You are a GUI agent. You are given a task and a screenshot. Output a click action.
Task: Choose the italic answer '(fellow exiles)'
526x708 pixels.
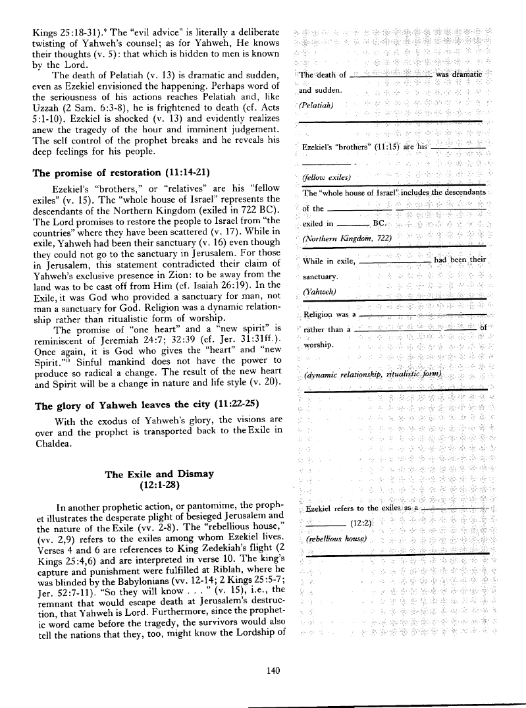click(x=327, y=177)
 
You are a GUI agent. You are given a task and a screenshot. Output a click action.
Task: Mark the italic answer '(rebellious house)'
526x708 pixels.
click(x=333, y=540)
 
